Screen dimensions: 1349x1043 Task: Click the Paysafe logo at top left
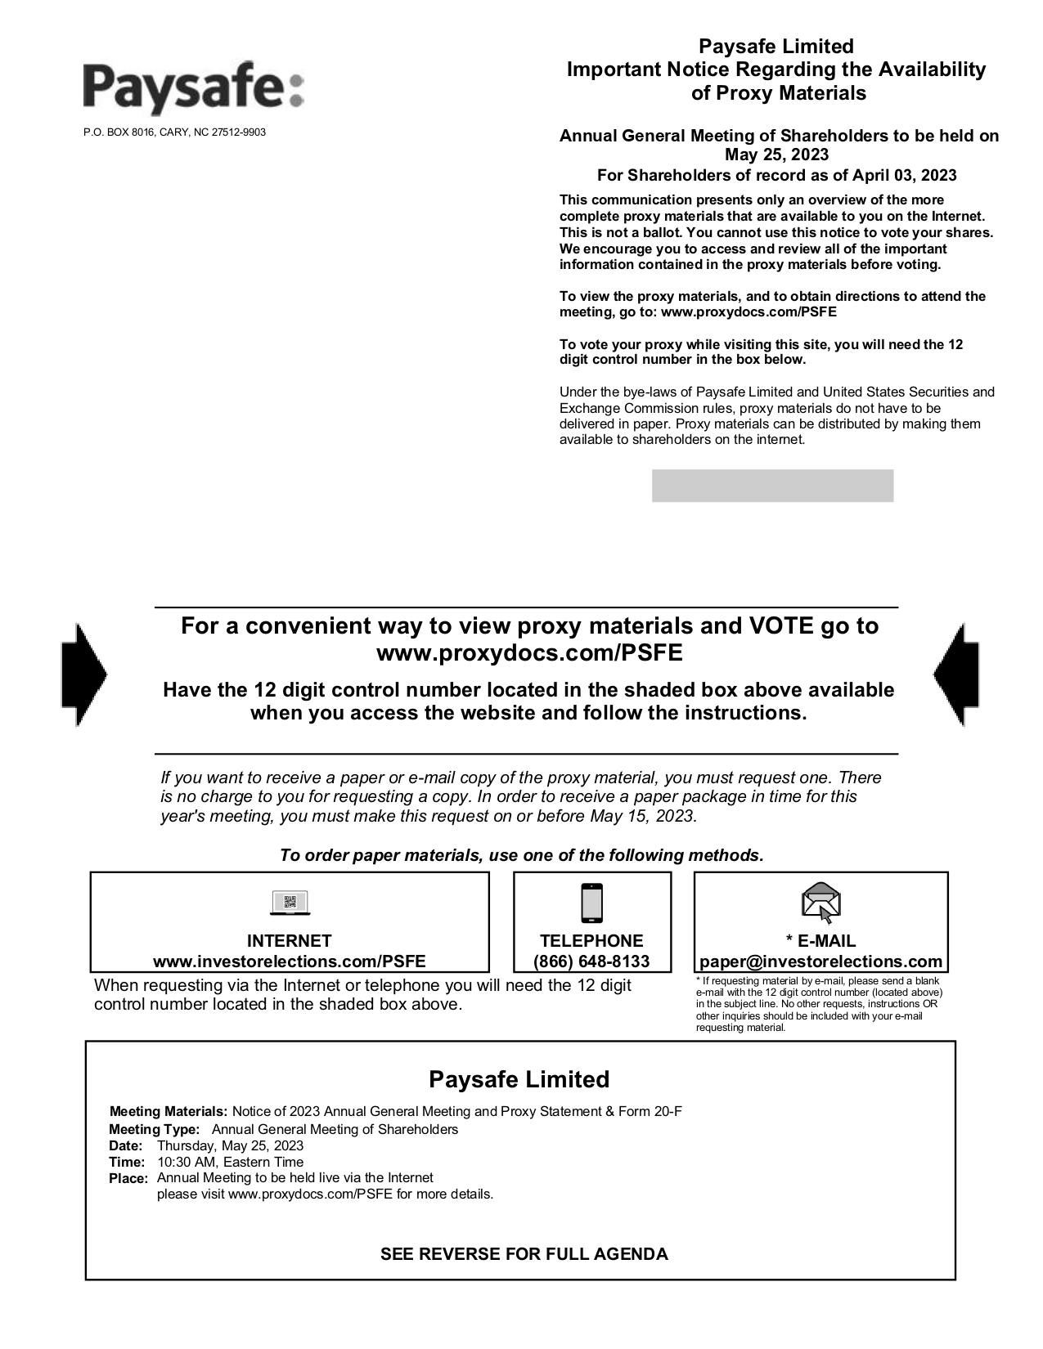(193, 88)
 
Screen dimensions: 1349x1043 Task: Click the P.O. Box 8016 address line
(174, 132)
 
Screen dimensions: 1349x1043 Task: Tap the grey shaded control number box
(772, 486)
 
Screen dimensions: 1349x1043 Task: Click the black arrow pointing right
(83, 675)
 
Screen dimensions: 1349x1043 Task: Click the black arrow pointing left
(956, 675)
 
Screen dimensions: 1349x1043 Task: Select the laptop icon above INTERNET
(290, 903)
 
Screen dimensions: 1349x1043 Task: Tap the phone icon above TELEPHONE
(591, 903)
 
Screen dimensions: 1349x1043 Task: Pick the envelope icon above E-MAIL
(821, 903)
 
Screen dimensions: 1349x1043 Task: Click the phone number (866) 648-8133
(591, 961)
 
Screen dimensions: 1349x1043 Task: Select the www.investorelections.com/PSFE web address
(290, 961)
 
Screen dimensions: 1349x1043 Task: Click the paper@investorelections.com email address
(821, 961)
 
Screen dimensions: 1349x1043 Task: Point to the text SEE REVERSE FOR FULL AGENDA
(524, 1254)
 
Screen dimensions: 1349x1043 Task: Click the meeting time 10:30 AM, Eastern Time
(230, 1162)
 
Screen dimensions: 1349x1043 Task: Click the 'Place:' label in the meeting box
(128, 1179)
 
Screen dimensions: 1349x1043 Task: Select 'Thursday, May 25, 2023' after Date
(230, 1145)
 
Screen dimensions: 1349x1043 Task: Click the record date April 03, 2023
(905, 175)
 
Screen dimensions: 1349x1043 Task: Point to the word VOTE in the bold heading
(782, 626)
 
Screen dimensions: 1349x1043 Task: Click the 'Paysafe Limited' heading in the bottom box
(519, 1079)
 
